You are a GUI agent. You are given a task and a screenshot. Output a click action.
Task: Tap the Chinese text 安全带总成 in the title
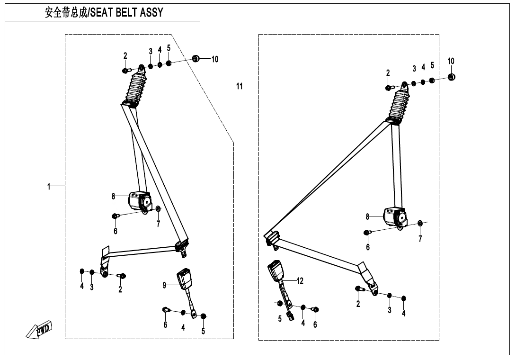[65, 13]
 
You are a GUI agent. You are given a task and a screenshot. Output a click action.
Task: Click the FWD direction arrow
[40, 330]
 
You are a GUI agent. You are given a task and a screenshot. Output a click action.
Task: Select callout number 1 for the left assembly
[49, 187]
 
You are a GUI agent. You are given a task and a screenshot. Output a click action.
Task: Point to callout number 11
[240, 86]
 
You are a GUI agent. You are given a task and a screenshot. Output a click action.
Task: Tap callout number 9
[165, 285]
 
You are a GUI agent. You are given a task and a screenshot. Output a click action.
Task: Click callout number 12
[300, 281]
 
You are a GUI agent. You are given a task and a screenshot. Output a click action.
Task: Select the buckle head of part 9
[184, 279]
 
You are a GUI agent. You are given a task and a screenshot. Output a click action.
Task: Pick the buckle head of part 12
[275, 271]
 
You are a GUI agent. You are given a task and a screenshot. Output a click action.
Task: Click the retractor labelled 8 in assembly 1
[139, 200]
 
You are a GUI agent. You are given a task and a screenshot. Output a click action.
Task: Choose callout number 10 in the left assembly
[214, 59]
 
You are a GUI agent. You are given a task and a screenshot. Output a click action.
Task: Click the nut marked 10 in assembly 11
[451, 77]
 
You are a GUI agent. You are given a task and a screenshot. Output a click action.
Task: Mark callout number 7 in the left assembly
[158, 224]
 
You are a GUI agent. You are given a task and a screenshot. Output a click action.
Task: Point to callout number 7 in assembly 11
[420, 239]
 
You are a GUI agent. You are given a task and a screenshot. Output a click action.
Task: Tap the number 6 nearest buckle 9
[165, 325]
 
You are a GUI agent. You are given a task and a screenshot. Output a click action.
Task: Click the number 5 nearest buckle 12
[280, 319]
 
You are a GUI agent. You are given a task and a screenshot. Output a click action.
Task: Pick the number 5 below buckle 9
[203, 331]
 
